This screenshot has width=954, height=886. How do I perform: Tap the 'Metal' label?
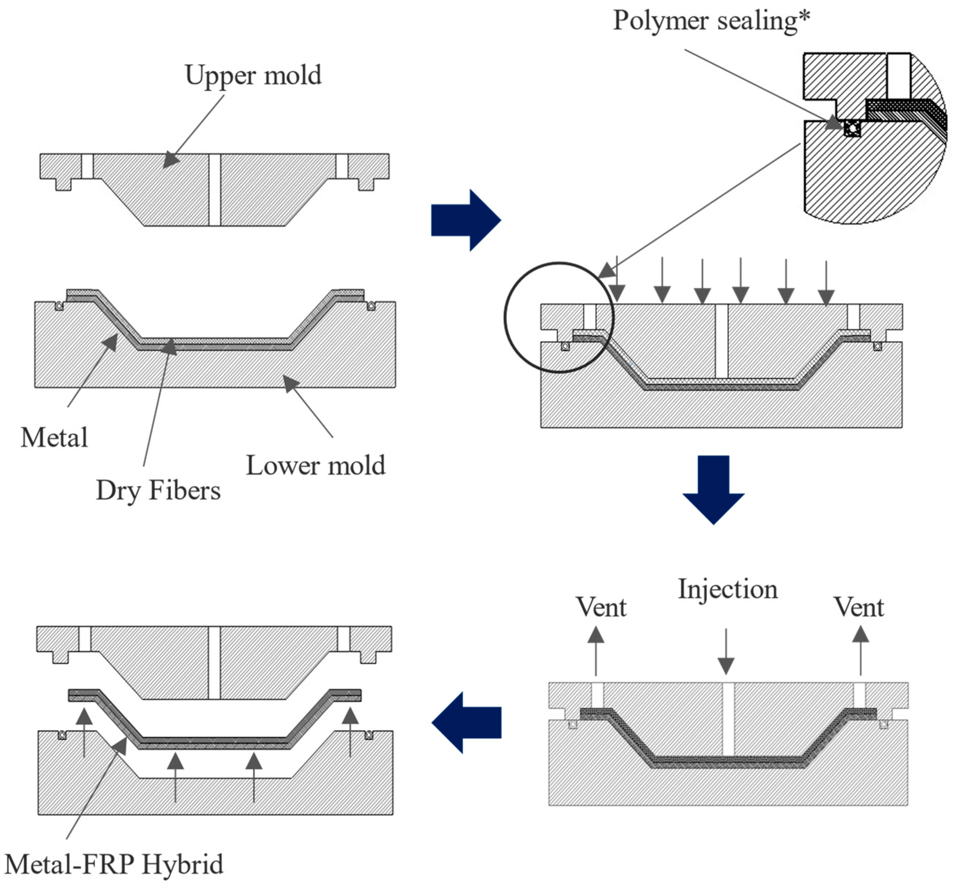coord(54,437)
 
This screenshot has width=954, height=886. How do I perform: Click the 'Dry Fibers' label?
coord(158,490)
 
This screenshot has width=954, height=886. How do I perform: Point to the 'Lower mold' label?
coord(315,465)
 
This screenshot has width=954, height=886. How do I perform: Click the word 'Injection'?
coord(727,589)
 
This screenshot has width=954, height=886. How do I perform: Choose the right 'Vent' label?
coord(859,607)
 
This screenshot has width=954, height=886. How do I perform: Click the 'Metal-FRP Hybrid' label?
coord(114,864)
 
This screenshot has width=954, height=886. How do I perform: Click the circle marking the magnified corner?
coord(505,317)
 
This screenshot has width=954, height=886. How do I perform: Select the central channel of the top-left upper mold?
coord(214,189)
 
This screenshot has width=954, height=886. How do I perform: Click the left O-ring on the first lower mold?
coord(59,306)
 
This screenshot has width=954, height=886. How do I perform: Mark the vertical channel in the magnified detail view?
coord(898,76)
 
